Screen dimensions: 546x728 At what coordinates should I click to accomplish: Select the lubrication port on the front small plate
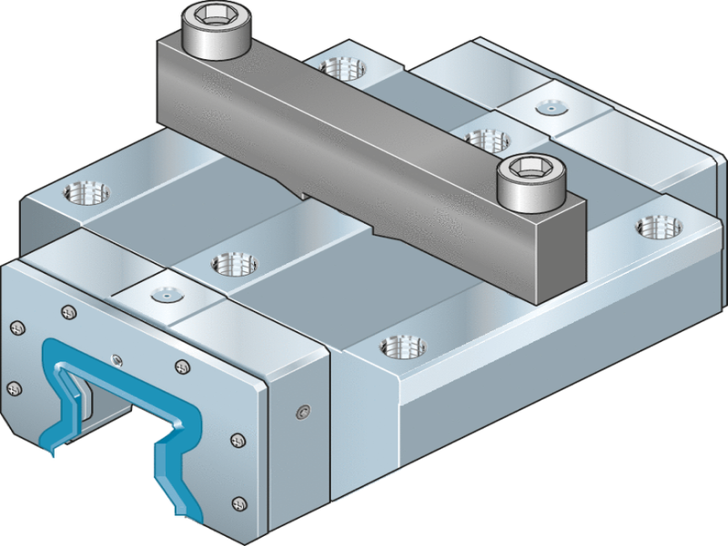click(163, 296)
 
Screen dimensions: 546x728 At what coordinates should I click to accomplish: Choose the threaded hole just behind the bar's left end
click(344, 66)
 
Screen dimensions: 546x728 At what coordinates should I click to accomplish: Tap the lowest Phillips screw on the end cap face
click(239, 501)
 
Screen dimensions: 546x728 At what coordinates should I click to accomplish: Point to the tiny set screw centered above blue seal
click(115, 358)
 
